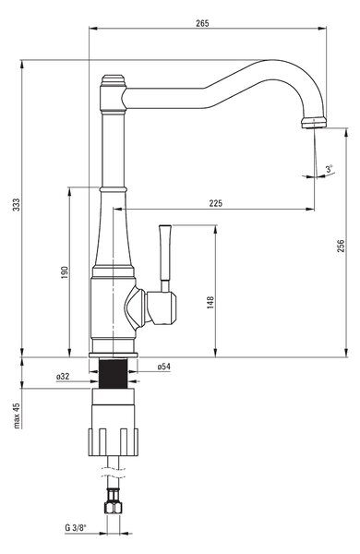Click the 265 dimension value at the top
coord(202,23)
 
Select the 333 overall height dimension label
coord(17,205)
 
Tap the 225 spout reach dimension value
coord(216,203)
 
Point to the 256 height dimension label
coord(341,246)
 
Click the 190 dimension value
coord(65,272)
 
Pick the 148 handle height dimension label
coord(210,303)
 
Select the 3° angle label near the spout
coord(330,169)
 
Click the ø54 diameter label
coord(164,367)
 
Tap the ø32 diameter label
coord(63,377)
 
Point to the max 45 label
coord(17,415)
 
